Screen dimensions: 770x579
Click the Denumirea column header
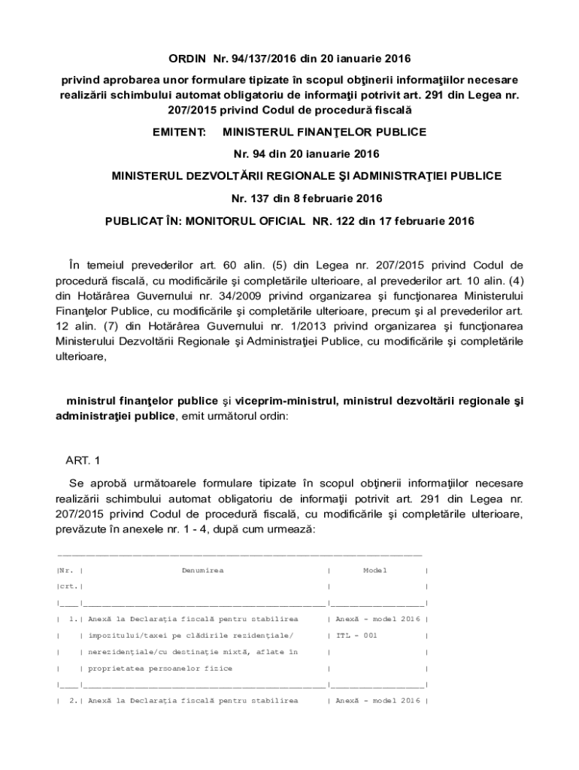[202, 571]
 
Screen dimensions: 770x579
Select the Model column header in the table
[374, 571]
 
